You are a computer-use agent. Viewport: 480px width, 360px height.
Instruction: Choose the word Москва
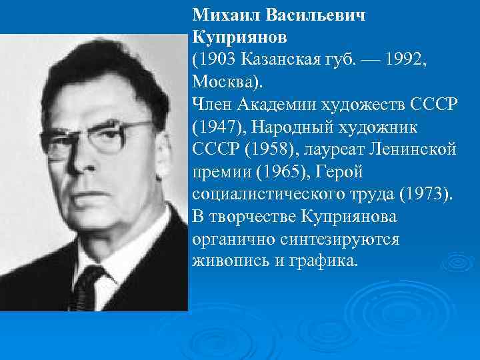click(225, 83)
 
